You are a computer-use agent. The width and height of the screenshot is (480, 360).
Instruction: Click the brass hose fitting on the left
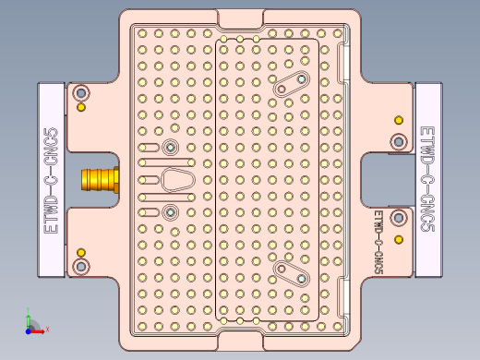click(x=100, y=179)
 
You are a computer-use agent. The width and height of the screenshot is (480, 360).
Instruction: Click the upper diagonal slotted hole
click(x=291, y=84)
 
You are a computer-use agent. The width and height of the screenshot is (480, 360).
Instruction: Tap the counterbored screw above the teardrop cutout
click(x=169, y=148)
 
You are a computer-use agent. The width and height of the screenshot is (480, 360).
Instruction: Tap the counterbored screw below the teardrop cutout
click(x=169, y=213)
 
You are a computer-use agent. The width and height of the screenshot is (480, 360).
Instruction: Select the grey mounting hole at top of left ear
click(x=81, y=93)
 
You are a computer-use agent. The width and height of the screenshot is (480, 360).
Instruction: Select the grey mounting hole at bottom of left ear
click(x=81, y=266)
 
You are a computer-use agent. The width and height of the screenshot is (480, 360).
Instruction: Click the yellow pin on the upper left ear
click(x=81, y=108)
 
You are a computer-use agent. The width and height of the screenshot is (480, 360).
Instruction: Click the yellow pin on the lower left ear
click(x=81, y=252)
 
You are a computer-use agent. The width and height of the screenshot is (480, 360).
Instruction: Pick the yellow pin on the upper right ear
click(x=398, y=120)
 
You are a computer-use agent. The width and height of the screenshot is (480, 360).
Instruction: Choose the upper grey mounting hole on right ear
click(x=398, y=141)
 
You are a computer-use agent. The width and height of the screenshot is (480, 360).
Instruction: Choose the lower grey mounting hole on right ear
click(x=398, y=218)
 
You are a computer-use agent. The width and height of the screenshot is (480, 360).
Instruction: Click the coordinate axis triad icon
click(x=31, y=325)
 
